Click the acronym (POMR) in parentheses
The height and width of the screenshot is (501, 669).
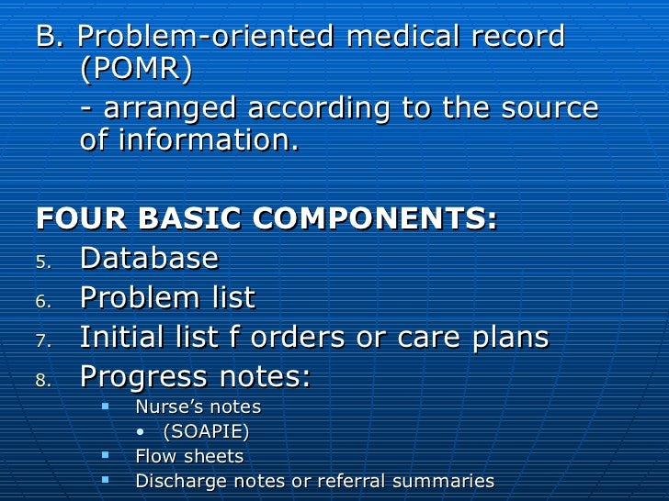click(x=137, y=71)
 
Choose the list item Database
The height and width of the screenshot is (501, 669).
click(x=149, y=259)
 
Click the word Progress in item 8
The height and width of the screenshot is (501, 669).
click(x=141, y=377)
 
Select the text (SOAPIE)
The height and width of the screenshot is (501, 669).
click(x=205, y=432)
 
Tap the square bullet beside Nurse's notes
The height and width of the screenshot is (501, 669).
click(x=106, y=405)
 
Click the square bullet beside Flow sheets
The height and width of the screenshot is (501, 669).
click(x=106, y=454)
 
